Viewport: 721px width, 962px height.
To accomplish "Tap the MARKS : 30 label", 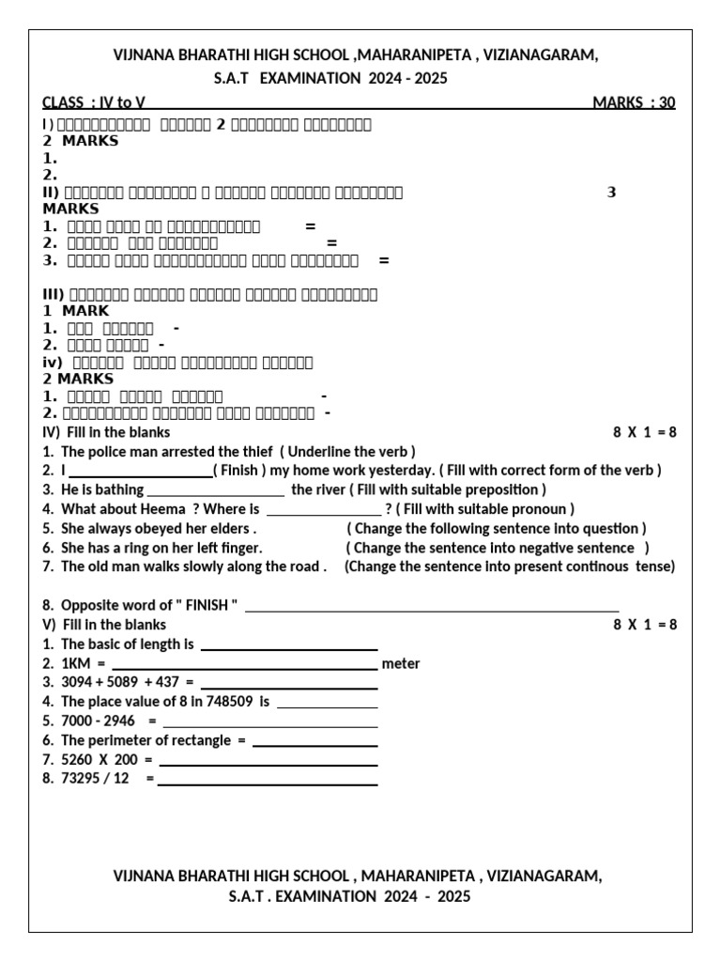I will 634,102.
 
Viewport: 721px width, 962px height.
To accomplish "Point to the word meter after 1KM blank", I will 401,663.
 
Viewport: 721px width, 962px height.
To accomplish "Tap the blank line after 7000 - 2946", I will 270,725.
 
